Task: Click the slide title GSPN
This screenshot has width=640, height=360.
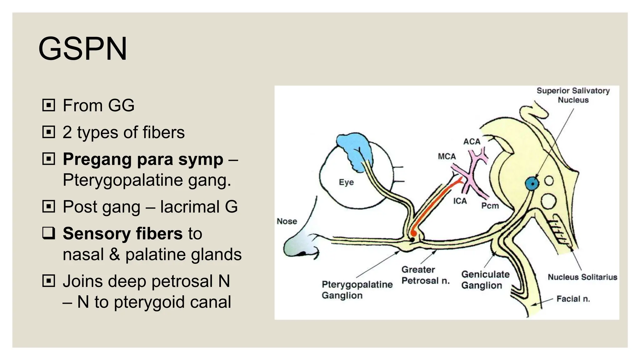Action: (x=83, y=49)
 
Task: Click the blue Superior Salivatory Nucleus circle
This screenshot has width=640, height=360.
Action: (x=532, y=184)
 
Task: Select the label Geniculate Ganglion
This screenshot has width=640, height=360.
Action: (x=485, y=280)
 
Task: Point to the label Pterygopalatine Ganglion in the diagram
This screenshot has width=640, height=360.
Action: (x=357, y=290)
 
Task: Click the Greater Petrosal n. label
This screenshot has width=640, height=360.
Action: (x=425, y=275)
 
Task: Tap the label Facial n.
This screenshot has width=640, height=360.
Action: (x=573, y=299)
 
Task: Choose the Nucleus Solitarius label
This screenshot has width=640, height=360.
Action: (x=582, y=277)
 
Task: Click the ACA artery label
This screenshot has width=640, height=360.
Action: (x=472, y=142)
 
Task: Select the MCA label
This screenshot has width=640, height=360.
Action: (x=447, y=156)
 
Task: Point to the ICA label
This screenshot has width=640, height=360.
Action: (x=460, y=201)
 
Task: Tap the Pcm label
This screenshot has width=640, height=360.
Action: (x=490, y=206)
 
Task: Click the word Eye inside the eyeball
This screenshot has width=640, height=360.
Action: (x=346, y=182)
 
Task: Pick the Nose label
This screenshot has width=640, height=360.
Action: (x=287, y=221)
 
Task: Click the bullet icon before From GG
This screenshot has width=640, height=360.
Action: (x=49, y=105)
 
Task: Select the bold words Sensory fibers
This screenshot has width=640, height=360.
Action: (x=122, y=233)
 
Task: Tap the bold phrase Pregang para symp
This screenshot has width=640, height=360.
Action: (x=143, y=159)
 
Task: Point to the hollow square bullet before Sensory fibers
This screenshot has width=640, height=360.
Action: (x=49, y=233)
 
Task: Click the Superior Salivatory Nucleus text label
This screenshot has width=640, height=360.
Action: (x=573, y=95)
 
